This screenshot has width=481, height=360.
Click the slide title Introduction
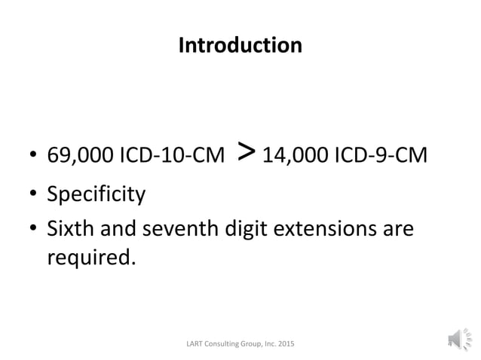point(240,46)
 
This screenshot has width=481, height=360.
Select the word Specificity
point(97,195)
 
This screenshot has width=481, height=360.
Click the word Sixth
point(70,227)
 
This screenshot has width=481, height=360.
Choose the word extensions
point(329,227)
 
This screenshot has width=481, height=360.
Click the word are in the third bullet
point(397,227)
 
